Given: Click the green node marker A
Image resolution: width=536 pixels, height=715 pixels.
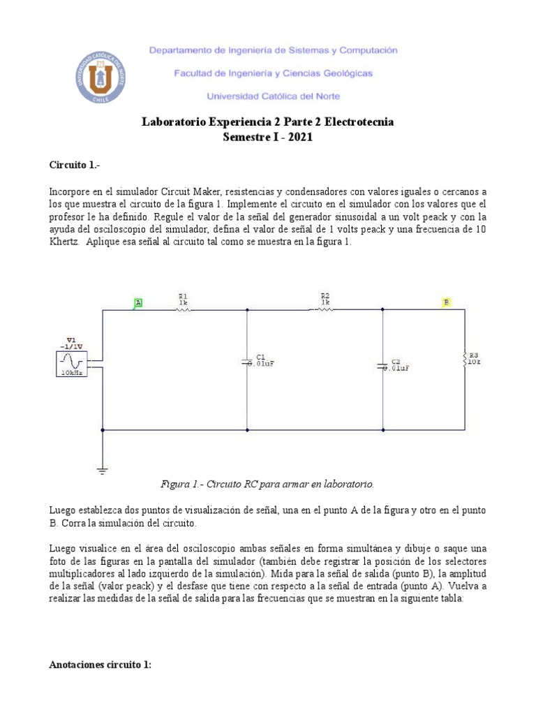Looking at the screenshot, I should click(x=138, y=302).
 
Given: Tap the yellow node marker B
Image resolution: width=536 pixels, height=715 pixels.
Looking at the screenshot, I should click(x=446, y=302).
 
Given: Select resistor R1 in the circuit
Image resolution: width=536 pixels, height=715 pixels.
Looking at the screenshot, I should click(x=183, y=311).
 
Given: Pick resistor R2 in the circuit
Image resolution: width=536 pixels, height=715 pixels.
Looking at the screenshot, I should click(x=325, y=311).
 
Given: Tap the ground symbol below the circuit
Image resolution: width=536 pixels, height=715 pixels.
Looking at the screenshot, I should click(x=103, y=472).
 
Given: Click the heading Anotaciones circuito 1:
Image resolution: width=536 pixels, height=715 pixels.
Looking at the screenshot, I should click(x=100, y=665).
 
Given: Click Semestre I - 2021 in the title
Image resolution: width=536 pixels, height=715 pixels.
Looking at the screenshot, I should click(x=267, y=138).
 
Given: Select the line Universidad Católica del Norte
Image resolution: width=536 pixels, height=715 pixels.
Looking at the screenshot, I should click(x=274, y=96).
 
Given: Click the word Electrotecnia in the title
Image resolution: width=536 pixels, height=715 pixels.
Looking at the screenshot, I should click(x=358, y=122).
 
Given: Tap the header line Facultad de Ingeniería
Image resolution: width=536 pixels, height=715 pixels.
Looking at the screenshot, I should click(x=273, y=73).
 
